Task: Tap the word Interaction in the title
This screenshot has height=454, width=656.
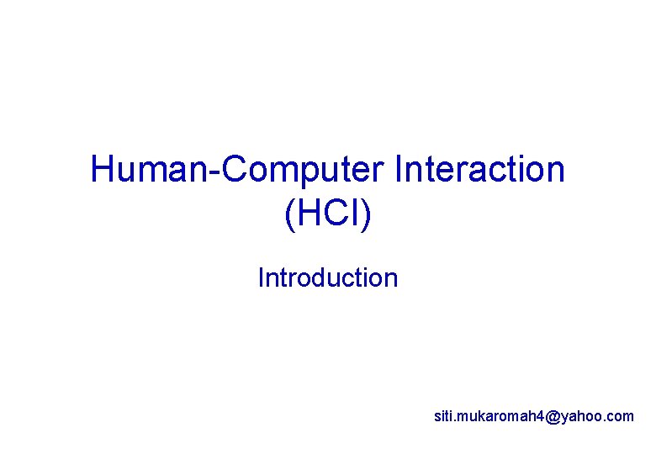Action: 479,170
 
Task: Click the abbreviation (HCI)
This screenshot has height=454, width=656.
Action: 328,214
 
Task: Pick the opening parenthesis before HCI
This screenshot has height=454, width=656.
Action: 290,215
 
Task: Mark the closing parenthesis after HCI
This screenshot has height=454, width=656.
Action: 365,215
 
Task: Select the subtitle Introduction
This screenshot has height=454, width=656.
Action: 328,277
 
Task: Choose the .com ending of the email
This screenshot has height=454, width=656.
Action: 619,415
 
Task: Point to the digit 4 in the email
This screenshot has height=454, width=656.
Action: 538,415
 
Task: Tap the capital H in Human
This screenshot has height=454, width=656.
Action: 103,170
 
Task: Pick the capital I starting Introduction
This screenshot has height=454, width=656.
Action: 261,277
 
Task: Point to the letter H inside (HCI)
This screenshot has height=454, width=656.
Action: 308,214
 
